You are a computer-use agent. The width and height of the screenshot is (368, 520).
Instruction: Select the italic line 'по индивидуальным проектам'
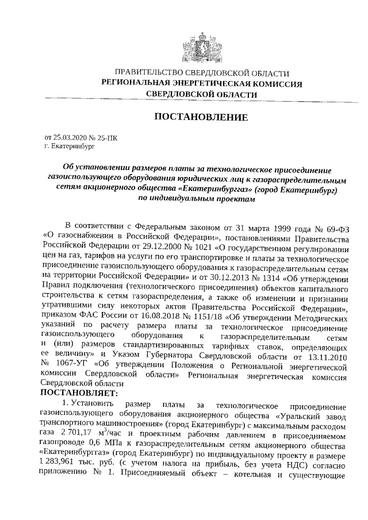coord(195,199)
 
